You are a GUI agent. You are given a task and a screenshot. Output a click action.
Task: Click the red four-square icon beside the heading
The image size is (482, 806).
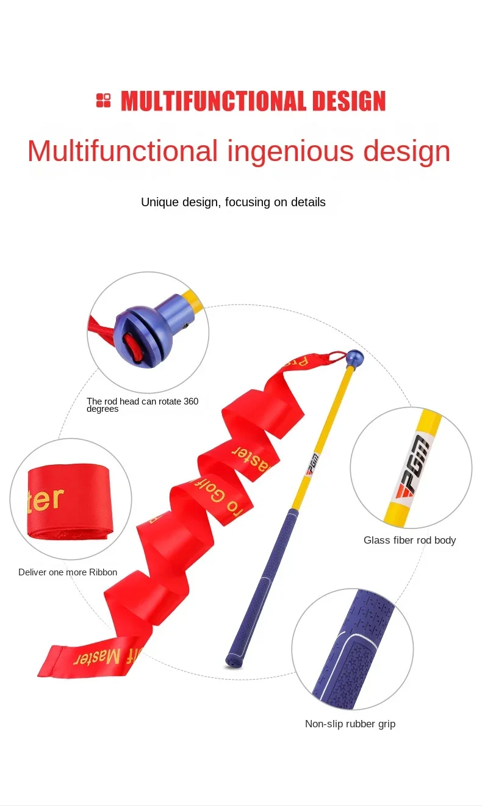[104, 101]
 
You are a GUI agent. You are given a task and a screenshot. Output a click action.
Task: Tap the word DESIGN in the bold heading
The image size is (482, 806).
[349, 101]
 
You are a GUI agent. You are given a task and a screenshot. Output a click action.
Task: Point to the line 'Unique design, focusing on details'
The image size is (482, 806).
[233, 202]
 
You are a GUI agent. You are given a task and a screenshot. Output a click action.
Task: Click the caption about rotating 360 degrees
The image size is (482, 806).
[142, 405]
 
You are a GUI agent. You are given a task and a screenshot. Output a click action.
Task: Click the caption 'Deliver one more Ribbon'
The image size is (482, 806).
[68, 572]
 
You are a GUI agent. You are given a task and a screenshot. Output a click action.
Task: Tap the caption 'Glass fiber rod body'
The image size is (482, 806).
[409, 540]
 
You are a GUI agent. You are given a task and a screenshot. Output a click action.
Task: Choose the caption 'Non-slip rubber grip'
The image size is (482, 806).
[350, 724]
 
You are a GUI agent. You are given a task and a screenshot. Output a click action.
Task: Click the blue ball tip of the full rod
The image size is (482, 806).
[354, 357]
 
